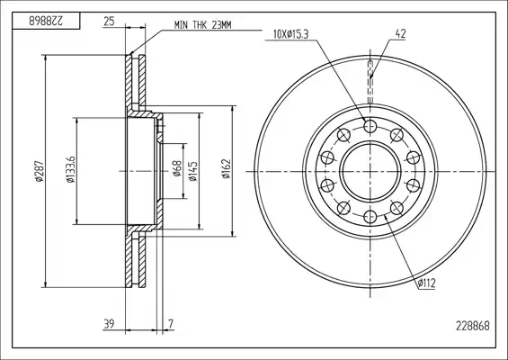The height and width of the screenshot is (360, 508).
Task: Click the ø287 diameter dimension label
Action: click(40, 171)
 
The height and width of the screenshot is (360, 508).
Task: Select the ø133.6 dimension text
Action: click(71, 169)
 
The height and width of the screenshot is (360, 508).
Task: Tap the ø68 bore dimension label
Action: click(177, 168)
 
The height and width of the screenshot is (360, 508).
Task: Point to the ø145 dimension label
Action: click(193, 170)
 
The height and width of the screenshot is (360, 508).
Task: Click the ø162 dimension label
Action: click(226, 168)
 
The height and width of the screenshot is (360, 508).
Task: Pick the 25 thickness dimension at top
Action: click(109, 22)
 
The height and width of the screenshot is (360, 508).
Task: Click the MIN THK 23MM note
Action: click(203, 25)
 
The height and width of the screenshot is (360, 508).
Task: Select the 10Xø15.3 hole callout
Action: click(290, 34)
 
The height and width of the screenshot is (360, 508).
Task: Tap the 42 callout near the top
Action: click(400, 33)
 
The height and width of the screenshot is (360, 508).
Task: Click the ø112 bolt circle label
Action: click(426, 283)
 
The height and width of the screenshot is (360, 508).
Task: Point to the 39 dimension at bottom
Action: click(109, 324)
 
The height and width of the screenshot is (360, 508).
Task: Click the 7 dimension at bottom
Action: click(171, 324)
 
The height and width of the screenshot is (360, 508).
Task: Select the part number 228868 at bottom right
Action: click(473, 326)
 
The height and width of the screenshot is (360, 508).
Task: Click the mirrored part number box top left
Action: click(46, 21)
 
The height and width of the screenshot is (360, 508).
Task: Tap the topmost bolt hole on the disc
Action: click(370, 126)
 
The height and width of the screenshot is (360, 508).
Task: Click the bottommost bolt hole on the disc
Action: click(370, 217)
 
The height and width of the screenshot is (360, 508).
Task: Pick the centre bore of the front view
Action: click(370, 171)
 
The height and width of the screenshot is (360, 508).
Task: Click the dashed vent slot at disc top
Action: click(371, 83)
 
